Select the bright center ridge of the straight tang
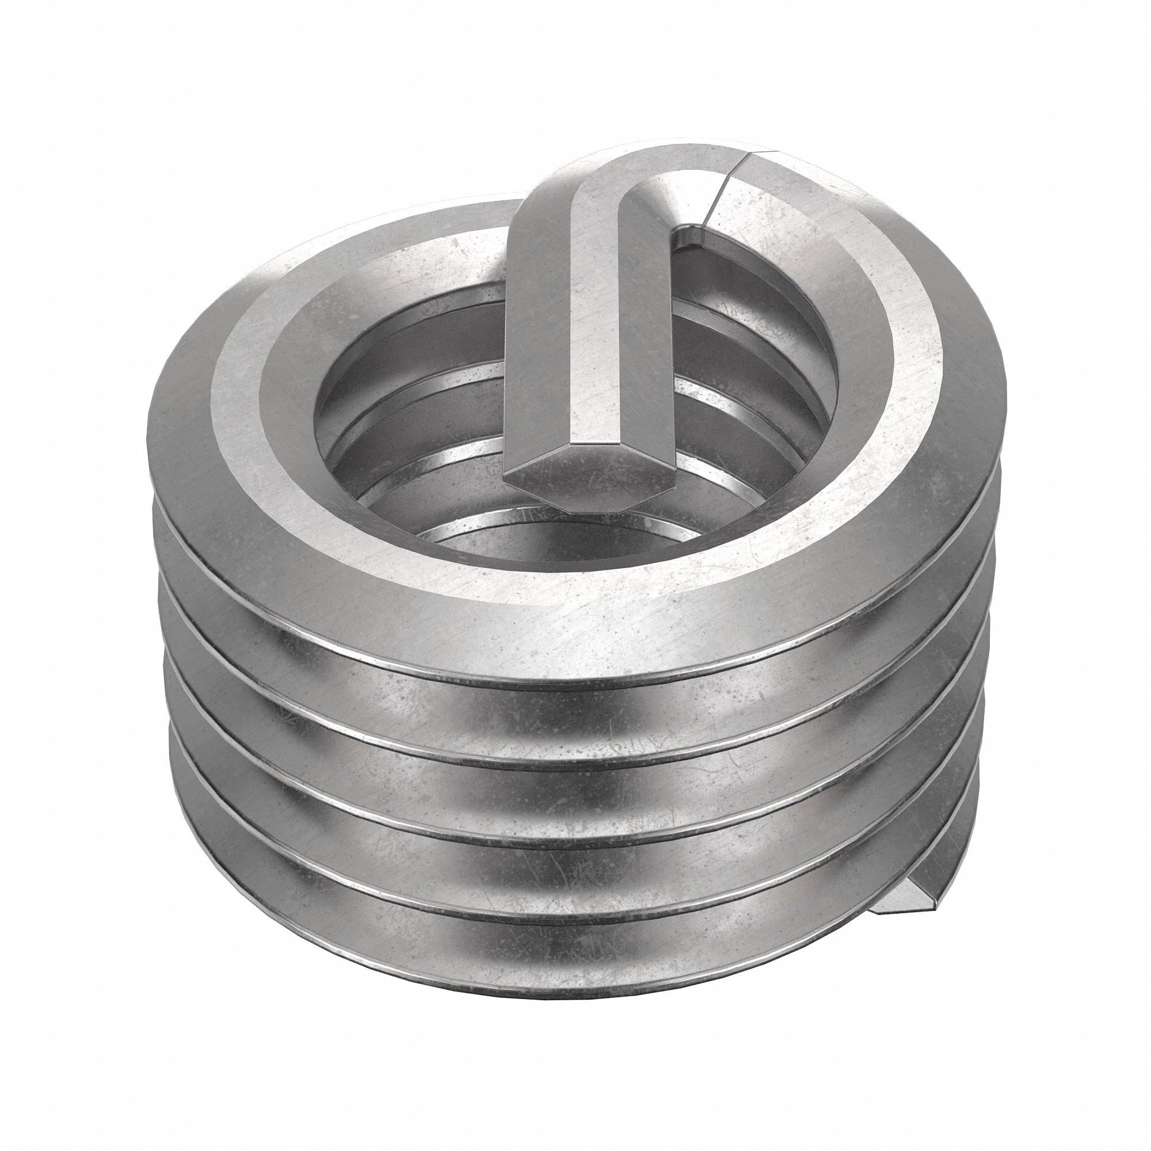pos(587,334)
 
